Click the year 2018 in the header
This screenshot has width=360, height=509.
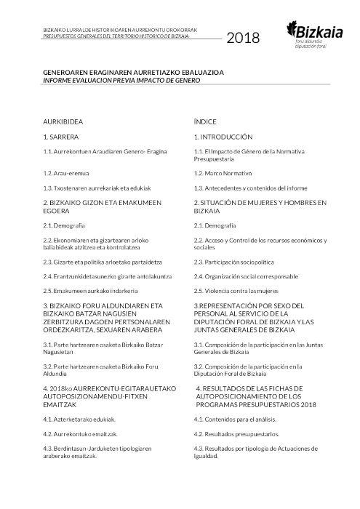243,39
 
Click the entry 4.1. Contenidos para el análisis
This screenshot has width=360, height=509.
236,420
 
